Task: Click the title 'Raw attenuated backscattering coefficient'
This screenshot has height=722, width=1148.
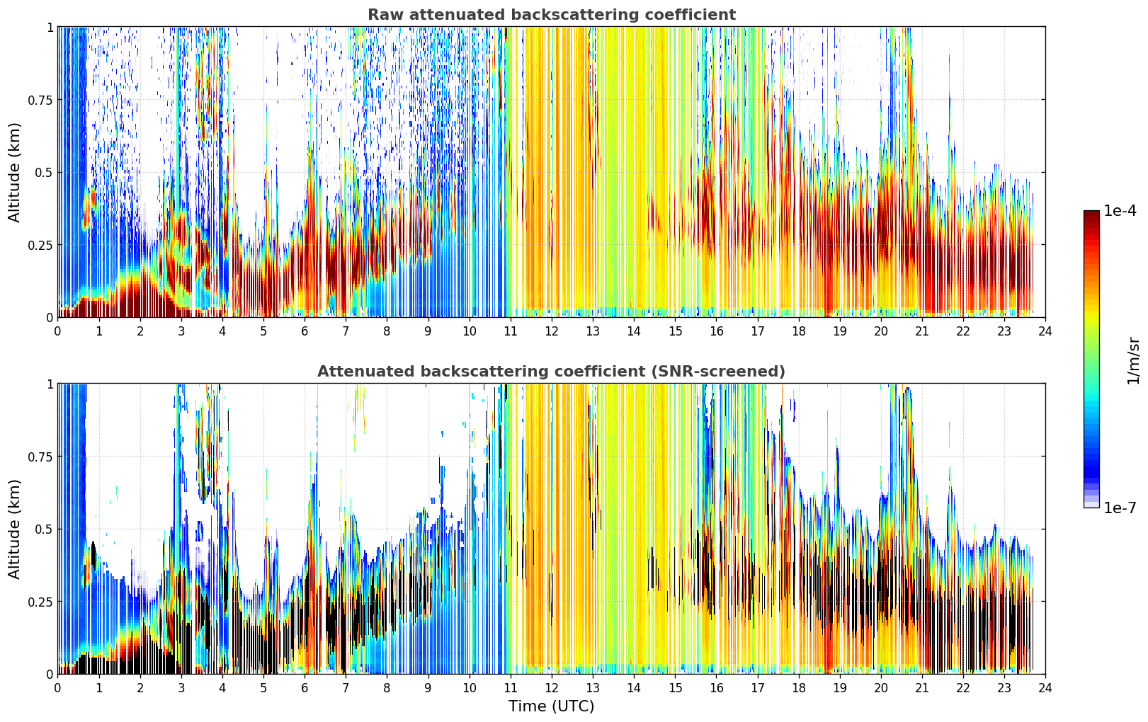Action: (552, 14)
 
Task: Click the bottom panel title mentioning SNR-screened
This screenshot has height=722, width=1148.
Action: (552, 371)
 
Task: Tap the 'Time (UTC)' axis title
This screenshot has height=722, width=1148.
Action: (552, 706)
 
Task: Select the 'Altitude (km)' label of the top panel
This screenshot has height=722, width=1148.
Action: (14, 173)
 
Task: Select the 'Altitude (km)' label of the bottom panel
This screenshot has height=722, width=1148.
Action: (14, 529)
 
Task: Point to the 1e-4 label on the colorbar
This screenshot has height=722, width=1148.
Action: (1120, 211)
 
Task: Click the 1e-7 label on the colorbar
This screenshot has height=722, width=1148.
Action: (1120, 508)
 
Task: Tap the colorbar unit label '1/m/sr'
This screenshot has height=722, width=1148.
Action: (1133, 360)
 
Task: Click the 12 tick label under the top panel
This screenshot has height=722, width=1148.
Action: (552, 331)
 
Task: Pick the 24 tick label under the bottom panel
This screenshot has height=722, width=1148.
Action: (1045, 688)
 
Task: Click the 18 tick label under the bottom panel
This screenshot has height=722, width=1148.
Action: (798, 688)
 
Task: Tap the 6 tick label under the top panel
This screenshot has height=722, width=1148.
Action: (305, 331)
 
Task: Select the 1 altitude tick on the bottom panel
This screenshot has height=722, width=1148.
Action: (50, 384)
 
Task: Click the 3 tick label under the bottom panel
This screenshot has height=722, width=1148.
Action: (181, 688)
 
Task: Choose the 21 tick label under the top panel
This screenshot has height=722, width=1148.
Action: (922, 331)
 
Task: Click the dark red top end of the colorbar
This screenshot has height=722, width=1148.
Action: (1091, 213)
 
